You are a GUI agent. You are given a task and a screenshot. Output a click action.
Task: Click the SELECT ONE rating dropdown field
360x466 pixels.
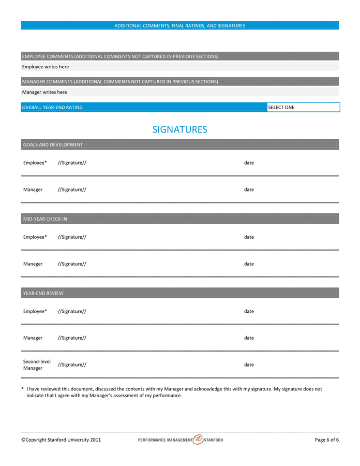point(303,107)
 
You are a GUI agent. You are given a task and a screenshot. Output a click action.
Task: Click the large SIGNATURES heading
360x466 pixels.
point(179,129)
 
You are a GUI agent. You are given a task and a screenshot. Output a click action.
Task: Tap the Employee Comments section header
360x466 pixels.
point(120,56)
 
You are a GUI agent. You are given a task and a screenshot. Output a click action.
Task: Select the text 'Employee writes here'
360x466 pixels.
point(46,67)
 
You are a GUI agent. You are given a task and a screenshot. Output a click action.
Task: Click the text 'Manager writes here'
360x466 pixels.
point(44,92)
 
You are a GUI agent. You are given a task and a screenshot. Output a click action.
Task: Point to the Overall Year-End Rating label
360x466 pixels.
point(52,107)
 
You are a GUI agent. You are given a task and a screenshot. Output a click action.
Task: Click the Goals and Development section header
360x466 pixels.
point(53,144)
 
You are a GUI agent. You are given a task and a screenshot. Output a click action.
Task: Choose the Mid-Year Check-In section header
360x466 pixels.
point(45,219)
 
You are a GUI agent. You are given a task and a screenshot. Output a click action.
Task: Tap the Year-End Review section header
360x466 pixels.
point(43,293)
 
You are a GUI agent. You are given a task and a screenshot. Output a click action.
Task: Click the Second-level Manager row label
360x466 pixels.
point(37,365)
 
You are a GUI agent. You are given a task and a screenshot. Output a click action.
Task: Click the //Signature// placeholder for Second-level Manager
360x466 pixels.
point(72,365)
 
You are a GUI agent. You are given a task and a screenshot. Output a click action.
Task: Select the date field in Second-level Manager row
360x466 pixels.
point(249,365)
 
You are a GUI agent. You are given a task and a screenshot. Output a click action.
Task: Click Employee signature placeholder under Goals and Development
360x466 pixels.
point(72,163)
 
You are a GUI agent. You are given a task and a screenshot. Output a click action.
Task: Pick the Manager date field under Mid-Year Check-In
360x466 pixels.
point(249,264)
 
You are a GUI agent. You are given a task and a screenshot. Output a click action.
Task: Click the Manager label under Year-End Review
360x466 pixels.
point(33,338)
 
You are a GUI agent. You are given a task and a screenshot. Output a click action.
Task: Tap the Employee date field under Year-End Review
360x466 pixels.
point(249,311)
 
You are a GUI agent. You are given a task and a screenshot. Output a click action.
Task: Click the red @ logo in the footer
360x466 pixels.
point(198,440)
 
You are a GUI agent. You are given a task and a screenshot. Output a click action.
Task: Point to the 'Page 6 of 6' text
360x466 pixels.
point(326,440)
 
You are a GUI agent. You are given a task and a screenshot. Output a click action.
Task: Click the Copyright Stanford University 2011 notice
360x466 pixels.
point(61,440)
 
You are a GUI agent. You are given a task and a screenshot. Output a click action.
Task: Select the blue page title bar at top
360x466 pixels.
point(179,25)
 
